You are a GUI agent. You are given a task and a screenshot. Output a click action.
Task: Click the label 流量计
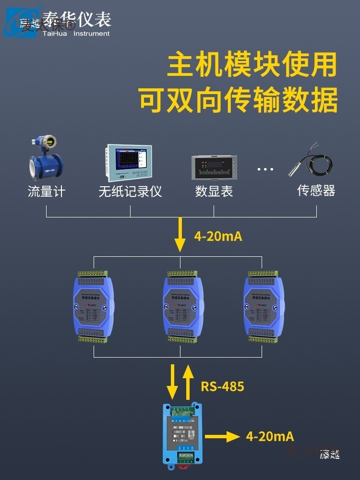(x=46, y=192)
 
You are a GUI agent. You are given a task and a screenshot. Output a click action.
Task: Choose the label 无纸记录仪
(x=130, y=192)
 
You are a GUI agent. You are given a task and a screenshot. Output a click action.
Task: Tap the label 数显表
(x=214, y=192)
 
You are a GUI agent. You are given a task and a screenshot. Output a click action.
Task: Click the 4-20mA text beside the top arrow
(x=218, y=236)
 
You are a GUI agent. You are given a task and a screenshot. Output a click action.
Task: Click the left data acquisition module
(x=94, y=307)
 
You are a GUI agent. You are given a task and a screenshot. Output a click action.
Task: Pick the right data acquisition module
(x=264, y=307)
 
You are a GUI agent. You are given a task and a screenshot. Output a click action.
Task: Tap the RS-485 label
(x=222, y=386)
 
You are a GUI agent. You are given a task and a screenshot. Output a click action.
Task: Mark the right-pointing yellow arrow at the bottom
(x=222, y=436)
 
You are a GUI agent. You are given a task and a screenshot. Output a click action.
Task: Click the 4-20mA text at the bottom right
(x=270, y=436)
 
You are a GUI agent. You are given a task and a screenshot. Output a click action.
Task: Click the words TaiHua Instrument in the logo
(x=76, y=34)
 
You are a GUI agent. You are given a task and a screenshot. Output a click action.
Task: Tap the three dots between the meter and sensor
(x=265, y=169)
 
